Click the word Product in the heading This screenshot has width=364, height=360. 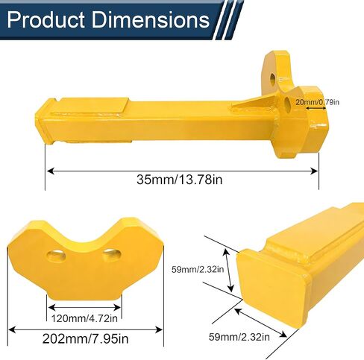point(45,19)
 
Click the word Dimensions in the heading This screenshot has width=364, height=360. point(151,19)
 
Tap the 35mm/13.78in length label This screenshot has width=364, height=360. point(180,180)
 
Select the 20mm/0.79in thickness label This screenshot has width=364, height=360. point(317,102)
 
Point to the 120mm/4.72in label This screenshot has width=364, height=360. point(84,318)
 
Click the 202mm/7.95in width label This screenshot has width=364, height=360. point(85,338)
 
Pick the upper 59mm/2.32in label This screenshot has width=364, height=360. point(198,269)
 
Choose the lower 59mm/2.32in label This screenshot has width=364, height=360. point(239,337)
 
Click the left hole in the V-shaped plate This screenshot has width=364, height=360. point(56,256)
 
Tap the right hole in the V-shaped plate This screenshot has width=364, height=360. point(112,255)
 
